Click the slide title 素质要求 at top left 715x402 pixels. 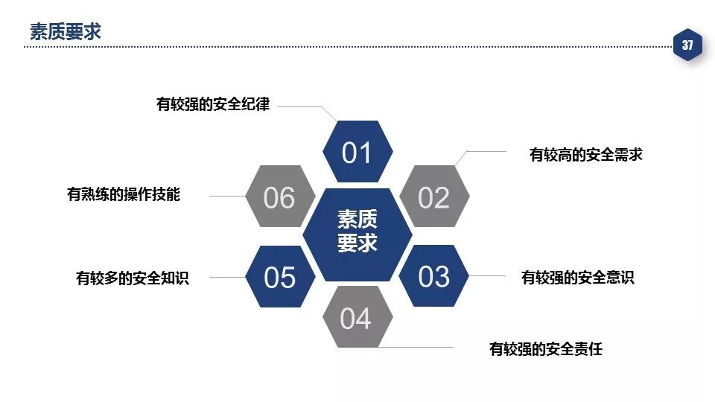tap(66, 31)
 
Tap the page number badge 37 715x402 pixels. tap(687, 45)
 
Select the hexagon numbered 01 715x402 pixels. tap(357, 153)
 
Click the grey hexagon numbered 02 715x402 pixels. tap(434, 197)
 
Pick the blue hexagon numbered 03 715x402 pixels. tap(434, 277)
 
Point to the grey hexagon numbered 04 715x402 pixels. tap(356, 318)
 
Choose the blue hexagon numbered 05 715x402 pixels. tap(280, 277)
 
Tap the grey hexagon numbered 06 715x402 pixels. tap(280, 197)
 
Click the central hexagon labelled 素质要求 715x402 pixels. tap(357, 231)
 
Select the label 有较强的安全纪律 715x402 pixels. tap(213, 105)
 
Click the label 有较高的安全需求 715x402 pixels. tap(585, 155)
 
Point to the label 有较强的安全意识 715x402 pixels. tap(578, 278)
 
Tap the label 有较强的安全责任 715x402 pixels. tap(546, 348)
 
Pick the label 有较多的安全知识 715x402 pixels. tap(133, 278)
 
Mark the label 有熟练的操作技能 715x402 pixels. tap(124, 195)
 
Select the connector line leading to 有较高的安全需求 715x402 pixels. tap(484, 152)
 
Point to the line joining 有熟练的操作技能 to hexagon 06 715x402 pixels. tap(227, 196)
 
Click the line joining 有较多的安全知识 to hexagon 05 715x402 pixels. tap(227, 277)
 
